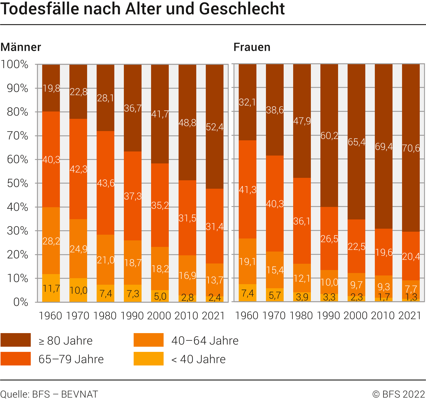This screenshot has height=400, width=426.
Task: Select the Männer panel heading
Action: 21,47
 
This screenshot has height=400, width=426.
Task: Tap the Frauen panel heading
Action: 252,47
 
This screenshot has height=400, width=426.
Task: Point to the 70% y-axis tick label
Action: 17,136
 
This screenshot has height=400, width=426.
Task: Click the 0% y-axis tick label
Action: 21,302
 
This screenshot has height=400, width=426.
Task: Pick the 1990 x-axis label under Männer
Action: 132,316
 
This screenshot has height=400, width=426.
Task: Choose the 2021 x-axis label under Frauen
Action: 410,315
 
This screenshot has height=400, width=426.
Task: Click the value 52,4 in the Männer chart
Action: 214,127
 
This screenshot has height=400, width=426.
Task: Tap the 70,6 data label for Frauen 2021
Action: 411,148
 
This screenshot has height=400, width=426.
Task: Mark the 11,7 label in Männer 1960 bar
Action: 51,288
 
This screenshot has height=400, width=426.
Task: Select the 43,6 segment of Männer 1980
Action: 106,183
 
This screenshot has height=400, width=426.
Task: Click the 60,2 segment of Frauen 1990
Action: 329,135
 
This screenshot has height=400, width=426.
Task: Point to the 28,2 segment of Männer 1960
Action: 51,241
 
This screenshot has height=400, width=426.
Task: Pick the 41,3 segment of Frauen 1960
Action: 247,190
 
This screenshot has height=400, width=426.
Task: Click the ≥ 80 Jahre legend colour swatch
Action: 16,340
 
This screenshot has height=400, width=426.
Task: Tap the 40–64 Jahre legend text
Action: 205,340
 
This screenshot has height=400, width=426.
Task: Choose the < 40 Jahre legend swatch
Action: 149,359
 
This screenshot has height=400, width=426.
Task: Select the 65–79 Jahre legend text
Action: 71,359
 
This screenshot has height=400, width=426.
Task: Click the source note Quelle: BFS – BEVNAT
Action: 49,394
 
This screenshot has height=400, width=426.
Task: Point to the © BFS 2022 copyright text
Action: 399,394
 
